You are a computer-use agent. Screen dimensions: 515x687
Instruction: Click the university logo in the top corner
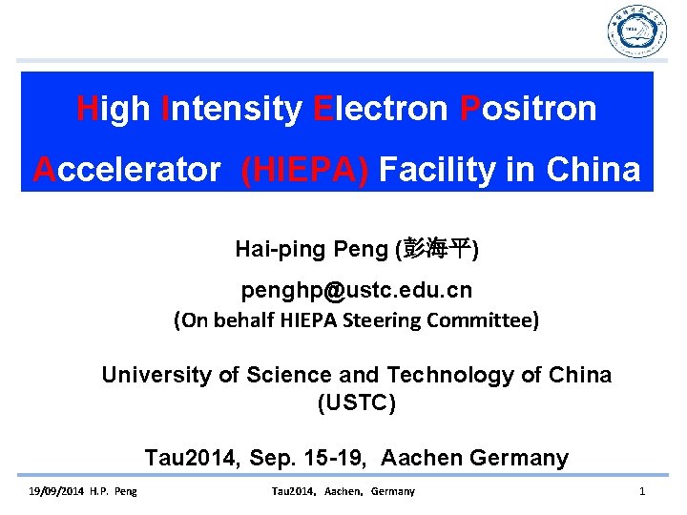(x=636, y=31)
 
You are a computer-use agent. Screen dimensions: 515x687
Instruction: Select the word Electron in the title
(x=380, y=109)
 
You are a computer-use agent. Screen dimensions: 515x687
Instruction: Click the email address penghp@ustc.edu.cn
(x=356, y=288)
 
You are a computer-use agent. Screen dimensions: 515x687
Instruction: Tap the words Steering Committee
(x=452, y=320)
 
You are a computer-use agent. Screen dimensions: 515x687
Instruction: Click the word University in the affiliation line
(x=157, y=375)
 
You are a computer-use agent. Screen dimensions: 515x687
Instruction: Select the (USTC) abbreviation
(x=356, y=402)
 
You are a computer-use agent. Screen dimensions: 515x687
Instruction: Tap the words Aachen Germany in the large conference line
(x=474, y=458)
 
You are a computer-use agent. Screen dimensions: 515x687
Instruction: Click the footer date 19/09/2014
(x=51, y=491)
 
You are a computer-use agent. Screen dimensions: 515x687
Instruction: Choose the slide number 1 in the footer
(x=642, y=491)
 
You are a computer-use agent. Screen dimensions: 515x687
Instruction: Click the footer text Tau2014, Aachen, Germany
(x=343, y=491)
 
